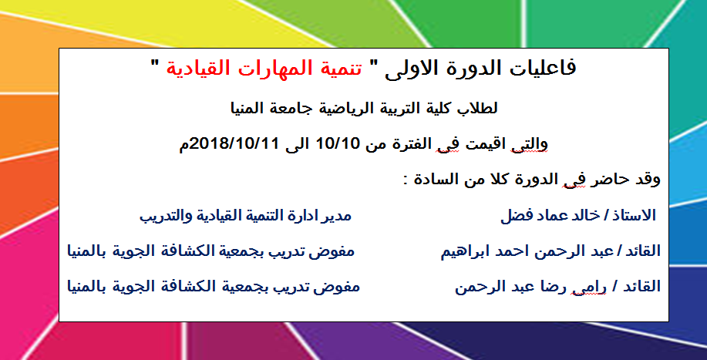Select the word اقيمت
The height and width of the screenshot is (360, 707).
coord(490,144)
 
